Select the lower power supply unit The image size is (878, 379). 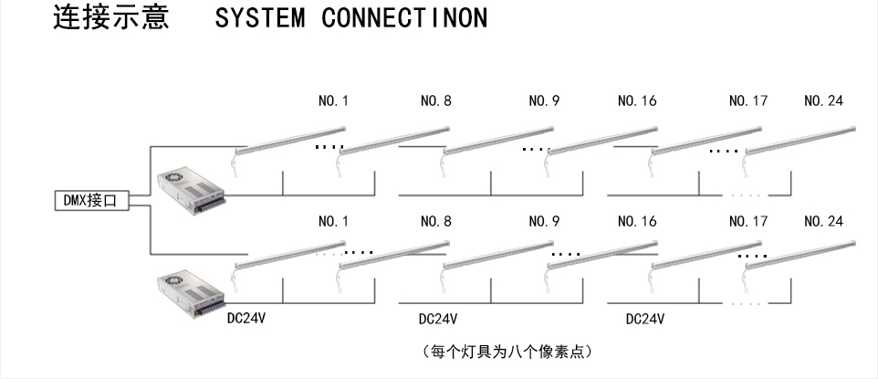[x=189, y=292]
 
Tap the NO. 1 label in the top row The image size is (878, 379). [x=333, y=102]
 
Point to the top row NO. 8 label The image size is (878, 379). [x=435, y=102]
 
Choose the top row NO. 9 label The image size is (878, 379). [x=544, y=102]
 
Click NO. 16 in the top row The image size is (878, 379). [x=637, y=102]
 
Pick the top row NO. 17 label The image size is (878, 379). [x=747, y=102]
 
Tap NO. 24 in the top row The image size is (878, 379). [x=823, y=102]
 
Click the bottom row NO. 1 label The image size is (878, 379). [x=333, y=222]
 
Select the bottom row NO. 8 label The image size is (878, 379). [x=435, y=222]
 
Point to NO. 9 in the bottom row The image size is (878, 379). [x=544, y=222]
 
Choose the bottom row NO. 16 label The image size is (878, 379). [x=637, y=222]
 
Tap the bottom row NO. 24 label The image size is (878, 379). [x=823, y=222]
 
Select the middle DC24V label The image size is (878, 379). [x=437, y=320]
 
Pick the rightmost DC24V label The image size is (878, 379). [x=644, y=320]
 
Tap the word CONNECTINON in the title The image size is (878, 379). [x=404, y=19]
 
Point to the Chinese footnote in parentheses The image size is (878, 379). [x=509, y=351]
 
